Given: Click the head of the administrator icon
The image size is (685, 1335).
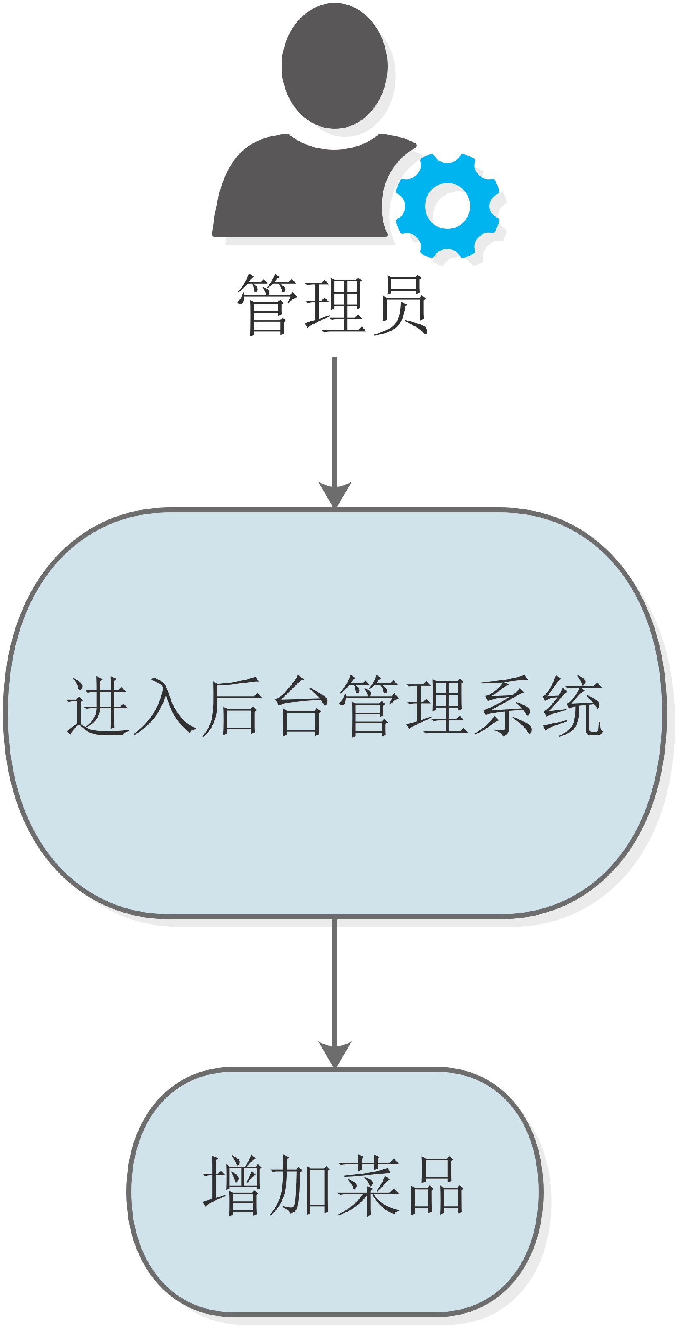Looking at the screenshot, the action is coord(335,66).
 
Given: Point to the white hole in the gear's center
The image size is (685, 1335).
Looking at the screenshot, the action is coord(448,206).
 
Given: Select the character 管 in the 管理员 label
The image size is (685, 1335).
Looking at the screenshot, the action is coord(267,305).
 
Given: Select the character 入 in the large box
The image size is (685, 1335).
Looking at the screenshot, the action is coord(165,706).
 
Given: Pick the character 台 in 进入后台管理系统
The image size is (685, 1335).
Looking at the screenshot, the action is coord(301,706).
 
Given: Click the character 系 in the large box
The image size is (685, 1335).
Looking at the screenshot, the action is coord(504,706).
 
